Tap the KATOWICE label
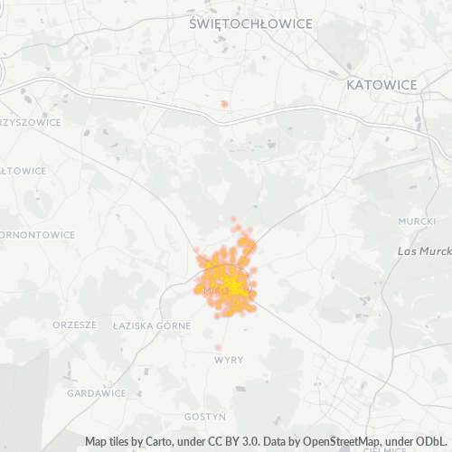coord(381,84)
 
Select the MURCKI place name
coord(416,221)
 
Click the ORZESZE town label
coord(74,325)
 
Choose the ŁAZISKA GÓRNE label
coord(151,325)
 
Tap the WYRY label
coord(229,360)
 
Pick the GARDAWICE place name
coord(97,393)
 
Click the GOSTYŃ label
coord(204,417)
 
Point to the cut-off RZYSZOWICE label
coord(30,121)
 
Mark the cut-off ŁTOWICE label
coord(24,170)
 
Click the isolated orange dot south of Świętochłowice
coord(224,104)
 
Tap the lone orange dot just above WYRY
coord(219,347)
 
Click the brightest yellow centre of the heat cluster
coord(234,288)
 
